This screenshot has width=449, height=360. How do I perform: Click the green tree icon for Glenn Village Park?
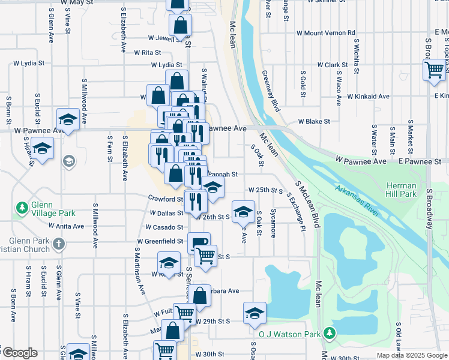[23, 208]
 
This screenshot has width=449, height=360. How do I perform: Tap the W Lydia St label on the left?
[30, 62]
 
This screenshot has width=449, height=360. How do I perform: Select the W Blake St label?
[318, 121]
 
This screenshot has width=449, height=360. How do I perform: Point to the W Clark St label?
[332, 65]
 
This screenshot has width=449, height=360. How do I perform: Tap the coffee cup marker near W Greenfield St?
[199, 242]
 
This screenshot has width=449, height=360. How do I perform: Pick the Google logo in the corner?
[19, 353]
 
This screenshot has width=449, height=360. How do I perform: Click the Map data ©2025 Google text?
[411, 355]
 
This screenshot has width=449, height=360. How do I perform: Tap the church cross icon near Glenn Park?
[58, 244]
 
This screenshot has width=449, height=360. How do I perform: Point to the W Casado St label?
[164, 227]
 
